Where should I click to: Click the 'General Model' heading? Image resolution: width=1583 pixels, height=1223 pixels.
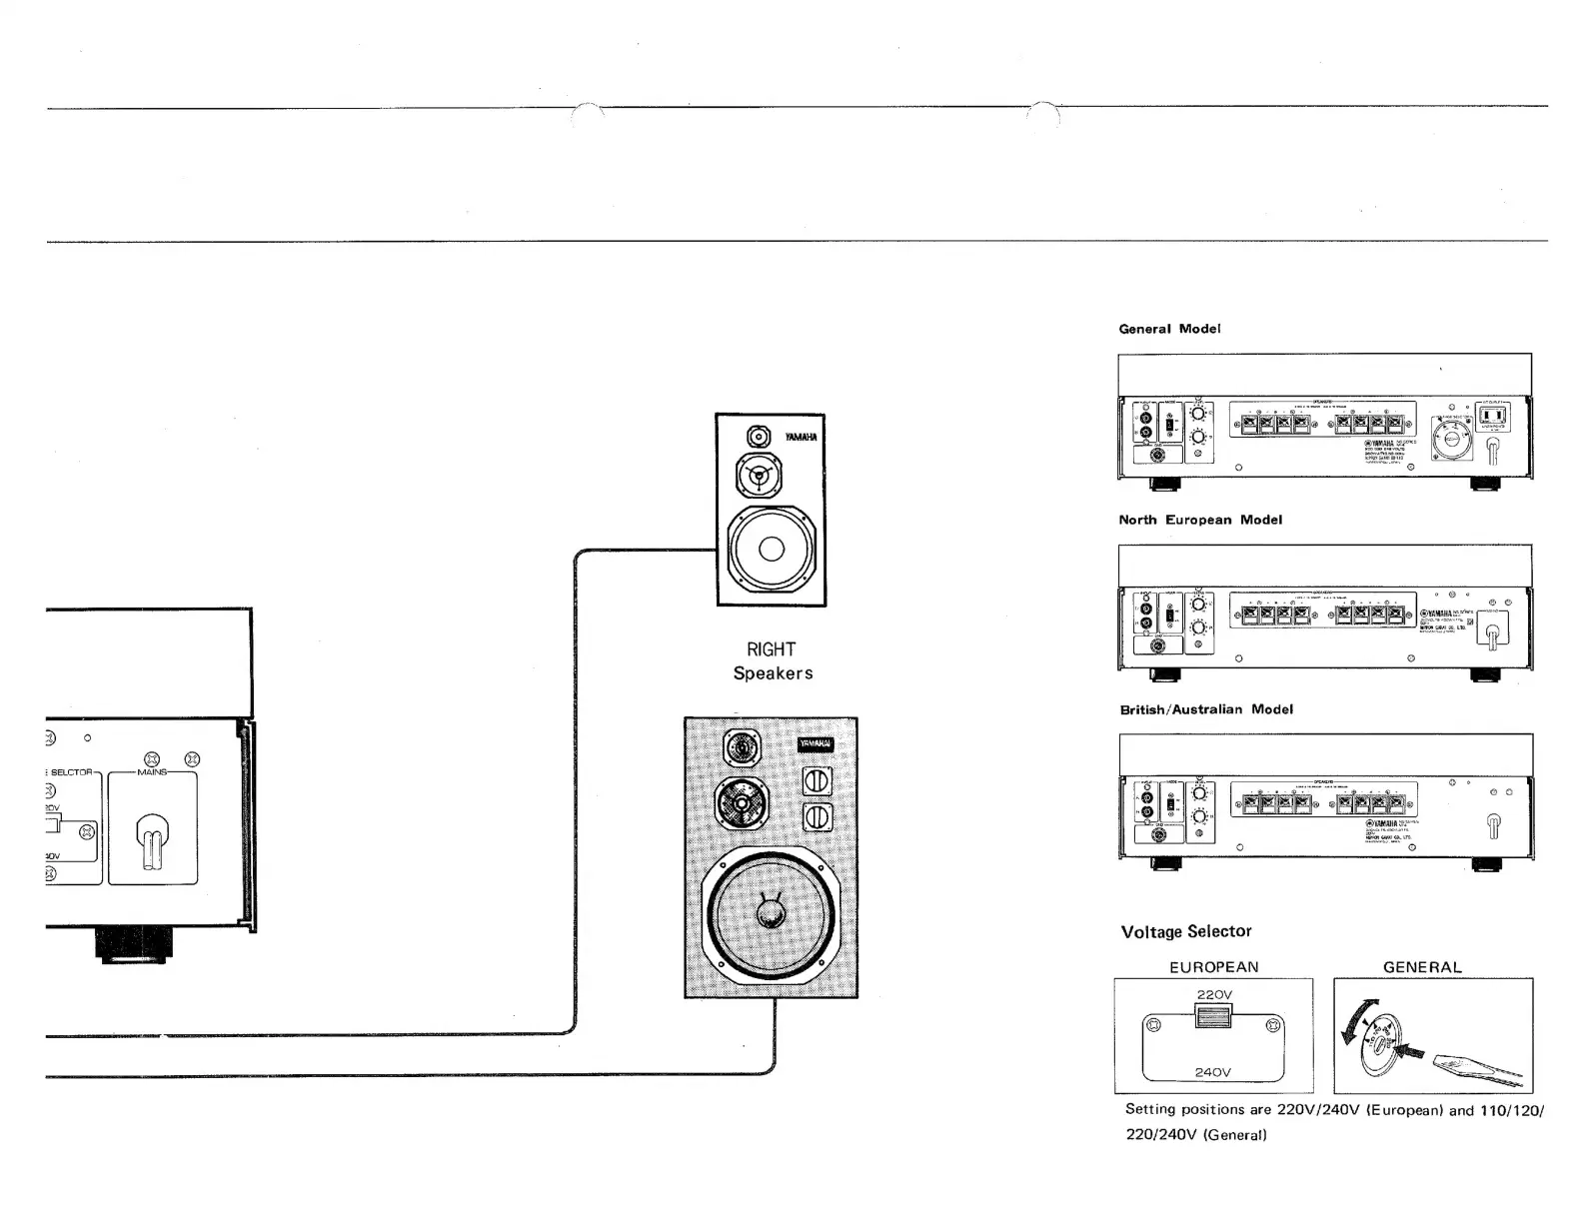pos(1169,329)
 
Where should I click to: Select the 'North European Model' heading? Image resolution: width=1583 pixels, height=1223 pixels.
pos(1200,520)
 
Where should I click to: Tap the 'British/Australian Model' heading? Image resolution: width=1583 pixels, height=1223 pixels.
pos(1206,709)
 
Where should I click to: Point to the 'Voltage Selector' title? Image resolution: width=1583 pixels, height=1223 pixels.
pos(1186,931)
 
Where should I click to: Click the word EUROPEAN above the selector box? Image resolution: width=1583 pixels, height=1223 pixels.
pos(1213,967)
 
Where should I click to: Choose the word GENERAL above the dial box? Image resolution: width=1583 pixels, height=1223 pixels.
pos(1422,967)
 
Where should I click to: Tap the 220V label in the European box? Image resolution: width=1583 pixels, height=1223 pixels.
pos(1213,994)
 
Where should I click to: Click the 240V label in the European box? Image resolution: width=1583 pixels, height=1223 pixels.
pos(1213,1072)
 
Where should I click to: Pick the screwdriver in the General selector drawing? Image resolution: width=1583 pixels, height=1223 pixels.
pos(1477,1070)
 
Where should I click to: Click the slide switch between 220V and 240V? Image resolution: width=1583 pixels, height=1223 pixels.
pos(1213,1017)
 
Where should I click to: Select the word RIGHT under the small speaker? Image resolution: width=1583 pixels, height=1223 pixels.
pos(771,649)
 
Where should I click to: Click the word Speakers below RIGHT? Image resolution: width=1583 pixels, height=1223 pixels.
pos(773,673)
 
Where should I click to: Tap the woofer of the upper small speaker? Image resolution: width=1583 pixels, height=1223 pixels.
pos(771,549)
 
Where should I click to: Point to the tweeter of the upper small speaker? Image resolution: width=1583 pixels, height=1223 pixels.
pos(759,438)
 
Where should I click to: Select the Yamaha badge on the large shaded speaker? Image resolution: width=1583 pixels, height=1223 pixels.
pos(814,743)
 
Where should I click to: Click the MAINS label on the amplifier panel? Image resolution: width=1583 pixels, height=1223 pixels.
pos(152,772)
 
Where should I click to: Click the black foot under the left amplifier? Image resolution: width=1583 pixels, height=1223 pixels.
pos(133,945)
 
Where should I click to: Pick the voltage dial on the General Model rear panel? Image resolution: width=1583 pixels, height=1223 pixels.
pos(1450,439)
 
